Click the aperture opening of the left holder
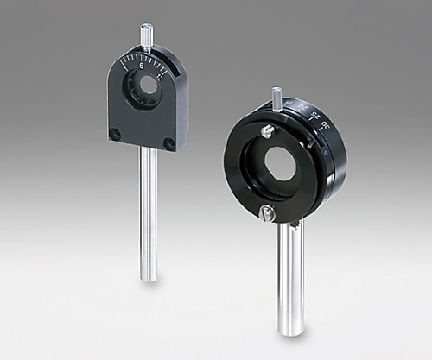149,86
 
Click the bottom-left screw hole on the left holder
115,134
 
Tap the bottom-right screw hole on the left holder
169,143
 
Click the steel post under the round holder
290,276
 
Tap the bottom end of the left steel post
149,277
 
